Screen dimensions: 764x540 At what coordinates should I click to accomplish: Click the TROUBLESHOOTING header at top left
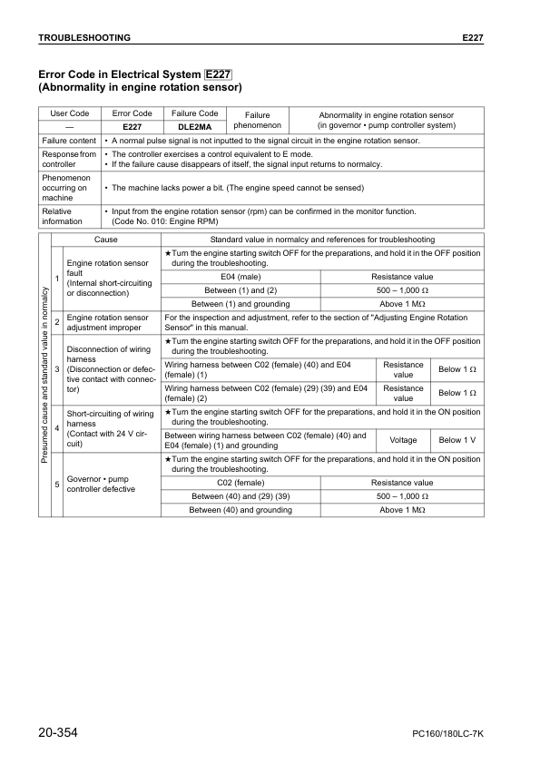click(x=83, y=38)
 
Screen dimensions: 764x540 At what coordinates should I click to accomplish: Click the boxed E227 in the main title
click(x=219, y=74)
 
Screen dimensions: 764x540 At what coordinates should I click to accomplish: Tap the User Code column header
click(x=69, y=113)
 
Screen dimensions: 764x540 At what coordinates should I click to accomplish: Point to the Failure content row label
click(x=69, y=141)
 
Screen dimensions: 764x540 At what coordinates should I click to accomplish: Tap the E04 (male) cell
click(x=241, y=277)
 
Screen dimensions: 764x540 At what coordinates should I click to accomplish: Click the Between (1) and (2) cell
click(x=241, y=290)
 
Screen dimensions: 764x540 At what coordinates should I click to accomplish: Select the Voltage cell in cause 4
click(x=403, y=440)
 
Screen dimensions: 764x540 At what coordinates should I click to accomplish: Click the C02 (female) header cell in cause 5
click(x=241, y=483)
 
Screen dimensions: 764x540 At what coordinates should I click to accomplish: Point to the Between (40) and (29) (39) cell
click(x=241, y=496)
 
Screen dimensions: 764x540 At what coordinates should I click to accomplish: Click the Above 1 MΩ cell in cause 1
click(x=402, y=304)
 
